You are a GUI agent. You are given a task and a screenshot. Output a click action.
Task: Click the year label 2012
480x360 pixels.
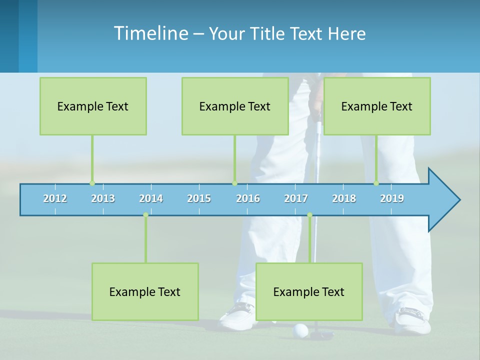tap(55, 198)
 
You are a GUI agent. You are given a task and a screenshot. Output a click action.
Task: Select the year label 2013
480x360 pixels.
tap(103, 198)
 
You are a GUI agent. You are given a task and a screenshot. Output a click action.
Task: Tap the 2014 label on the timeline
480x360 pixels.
tap(151, 198)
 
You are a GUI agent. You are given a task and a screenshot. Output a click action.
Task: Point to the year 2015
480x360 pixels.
tap(199, 198)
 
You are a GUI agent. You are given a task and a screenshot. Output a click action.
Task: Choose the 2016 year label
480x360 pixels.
tap(248, 198)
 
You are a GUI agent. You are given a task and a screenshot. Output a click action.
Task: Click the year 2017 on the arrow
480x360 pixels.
tap(296, 198)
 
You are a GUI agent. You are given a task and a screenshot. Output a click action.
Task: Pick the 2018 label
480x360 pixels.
tap(344, 198)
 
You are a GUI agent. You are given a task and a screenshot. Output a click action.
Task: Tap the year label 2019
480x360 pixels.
tap(392, 198)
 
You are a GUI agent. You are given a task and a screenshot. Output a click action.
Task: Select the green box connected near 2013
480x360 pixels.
tap(93, 106)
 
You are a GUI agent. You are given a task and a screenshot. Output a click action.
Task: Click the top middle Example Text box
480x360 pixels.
tap(235, 106)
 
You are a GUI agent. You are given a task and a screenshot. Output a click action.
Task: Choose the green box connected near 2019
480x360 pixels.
tap(377, 106)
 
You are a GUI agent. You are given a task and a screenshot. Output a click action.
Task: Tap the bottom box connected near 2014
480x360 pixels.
tap(145, 291)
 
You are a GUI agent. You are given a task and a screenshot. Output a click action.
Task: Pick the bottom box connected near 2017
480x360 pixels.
tap(309, 291)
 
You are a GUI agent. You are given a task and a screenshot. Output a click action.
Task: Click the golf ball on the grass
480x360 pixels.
tap(300, 329)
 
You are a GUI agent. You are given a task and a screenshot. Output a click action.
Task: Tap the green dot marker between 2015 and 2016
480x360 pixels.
tap(235, 183)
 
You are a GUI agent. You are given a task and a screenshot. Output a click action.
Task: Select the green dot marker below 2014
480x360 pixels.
tap(145, 215)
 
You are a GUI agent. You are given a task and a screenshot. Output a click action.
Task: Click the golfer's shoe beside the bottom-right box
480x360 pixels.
tap(414, 320)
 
